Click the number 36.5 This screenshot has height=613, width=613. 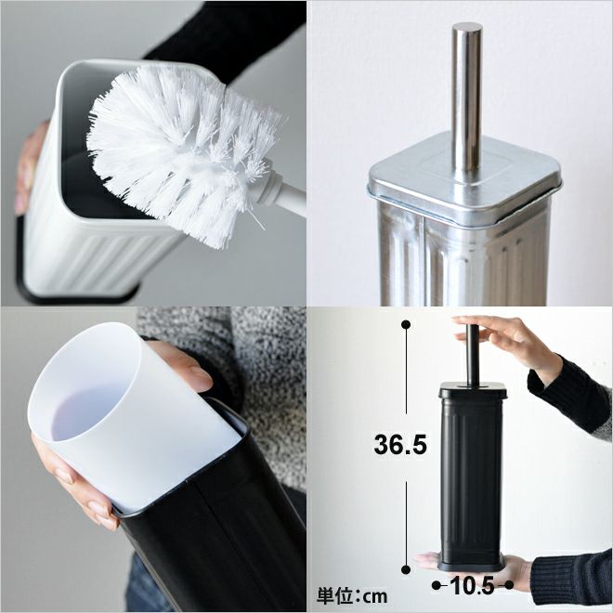click(x=400, y=445)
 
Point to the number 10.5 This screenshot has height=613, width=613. click(x=472, y=586)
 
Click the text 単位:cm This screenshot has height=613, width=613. click(x=352, y=596)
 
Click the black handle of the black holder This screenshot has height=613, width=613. click(x=473, y=356)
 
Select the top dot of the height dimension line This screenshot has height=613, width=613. click(x=406, y=324)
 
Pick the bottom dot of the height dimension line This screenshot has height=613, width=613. click(x=406, y=569)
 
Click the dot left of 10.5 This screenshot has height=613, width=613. click(x=437, y=585)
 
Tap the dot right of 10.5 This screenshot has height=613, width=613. click(x=509, y=585)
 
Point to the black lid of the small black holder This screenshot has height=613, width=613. click(x=473, y=391)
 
